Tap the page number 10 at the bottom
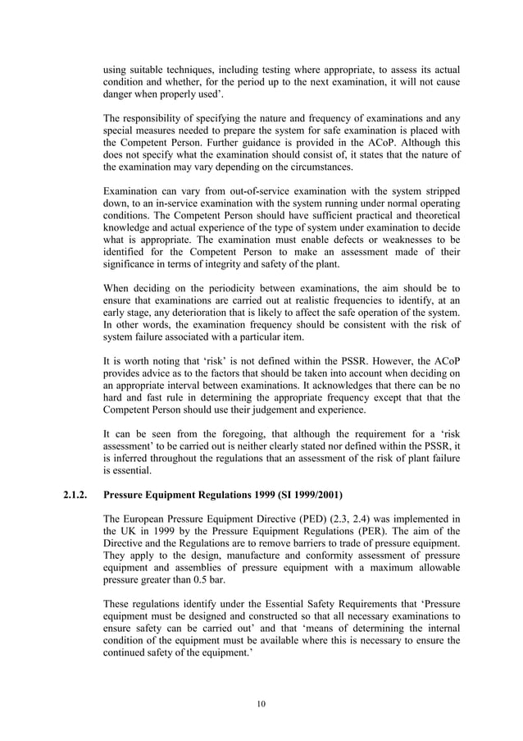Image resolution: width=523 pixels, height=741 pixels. pos(261,702)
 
